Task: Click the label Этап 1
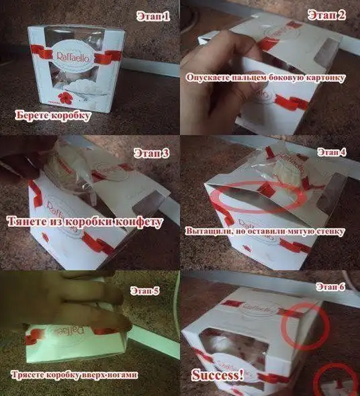tap(153, 16)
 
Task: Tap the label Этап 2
tap(326, 15)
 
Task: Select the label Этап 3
tap(151, 153)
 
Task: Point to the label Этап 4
tap(332, 152)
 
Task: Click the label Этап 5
tap(145, 291)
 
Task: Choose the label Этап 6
tap(330, 287)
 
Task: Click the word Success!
tap(218, 375)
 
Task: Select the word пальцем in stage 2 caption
tap(245, 78)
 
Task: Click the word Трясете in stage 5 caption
tap(28, 375)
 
